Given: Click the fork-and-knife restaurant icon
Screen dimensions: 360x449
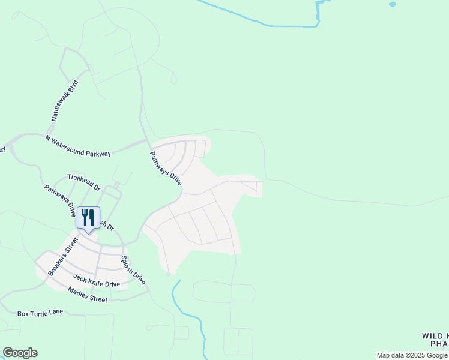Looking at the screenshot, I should click(88, 218).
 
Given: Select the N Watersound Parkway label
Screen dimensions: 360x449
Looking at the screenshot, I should click(78, 146).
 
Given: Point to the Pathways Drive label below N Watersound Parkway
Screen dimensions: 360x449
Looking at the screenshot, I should click(165, 167).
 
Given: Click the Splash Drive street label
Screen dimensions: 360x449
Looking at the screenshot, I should click(133, 270).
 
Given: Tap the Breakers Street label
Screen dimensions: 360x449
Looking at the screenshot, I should click(63, 257).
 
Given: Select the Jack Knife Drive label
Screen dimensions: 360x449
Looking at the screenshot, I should click(97, 280).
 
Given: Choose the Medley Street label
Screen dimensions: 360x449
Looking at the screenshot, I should click(88, 295).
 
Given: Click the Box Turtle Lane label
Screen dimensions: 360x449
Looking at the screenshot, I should click(40, 313).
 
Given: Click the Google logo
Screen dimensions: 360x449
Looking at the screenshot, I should click(20, 353).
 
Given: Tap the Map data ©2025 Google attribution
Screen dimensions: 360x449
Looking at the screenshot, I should click(412, 355).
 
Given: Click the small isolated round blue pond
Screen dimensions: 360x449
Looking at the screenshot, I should click(393, 4).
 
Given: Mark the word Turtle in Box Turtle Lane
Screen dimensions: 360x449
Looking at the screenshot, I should click(41, 313).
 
